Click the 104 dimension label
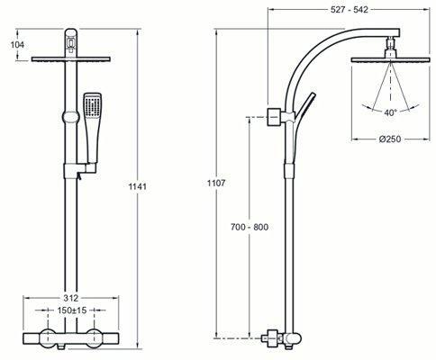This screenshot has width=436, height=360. click(17, 45)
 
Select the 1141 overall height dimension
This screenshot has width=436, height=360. click(138, 186)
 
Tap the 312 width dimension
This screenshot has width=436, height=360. click(71, 298)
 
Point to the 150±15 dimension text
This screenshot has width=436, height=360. click(72, 310)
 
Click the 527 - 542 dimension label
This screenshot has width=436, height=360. click(350, 10)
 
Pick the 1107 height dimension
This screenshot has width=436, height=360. click(216, 183)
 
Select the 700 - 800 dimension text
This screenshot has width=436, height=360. click(250, 227)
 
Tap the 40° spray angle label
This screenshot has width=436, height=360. click(390, 112)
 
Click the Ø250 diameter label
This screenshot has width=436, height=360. click(390, 139)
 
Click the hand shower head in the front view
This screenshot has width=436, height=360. click(93, 104)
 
